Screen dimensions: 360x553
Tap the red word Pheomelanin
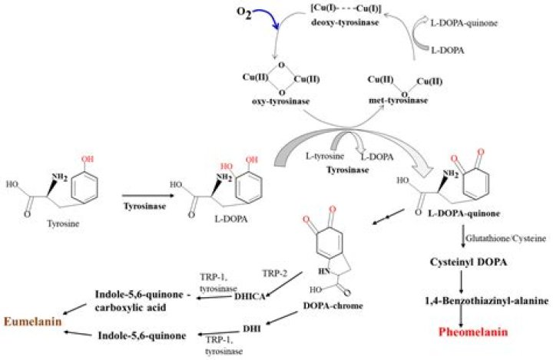[x=474, y=334]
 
